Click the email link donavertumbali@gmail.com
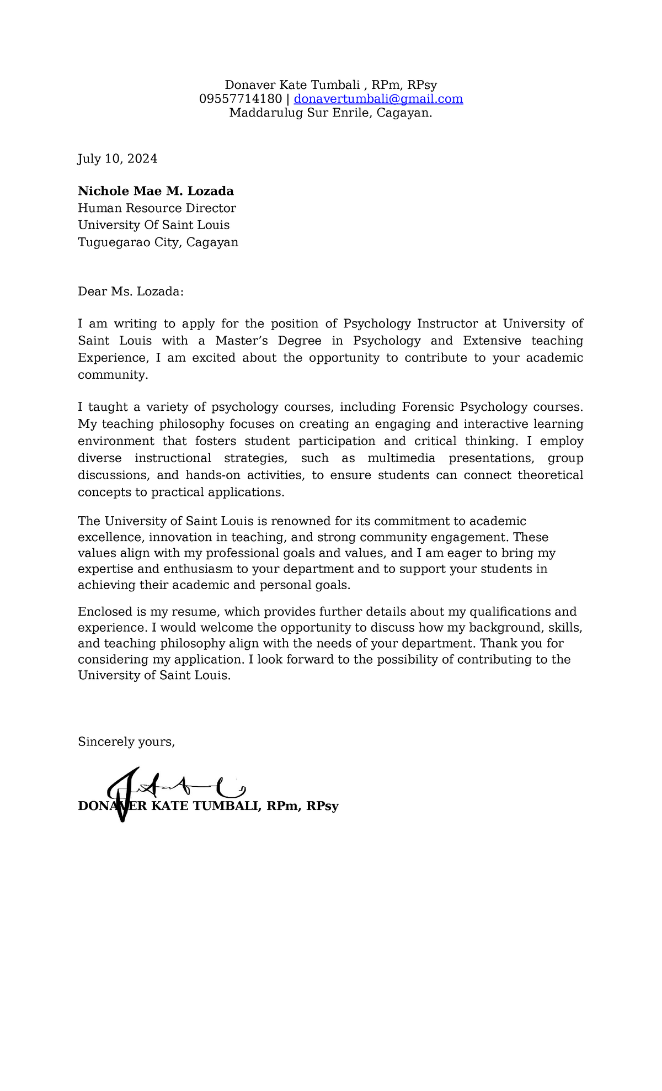click(378, 99)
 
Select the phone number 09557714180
click(241, 99)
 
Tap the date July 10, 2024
click(118, 159)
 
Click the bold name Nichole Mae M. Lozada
click(156, 191)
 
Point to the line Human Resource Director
click(157, 208)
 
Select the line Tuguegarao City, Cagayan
click(158, 242)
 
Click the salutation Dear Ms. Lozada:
click(130, 292)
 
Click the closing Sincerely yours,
click(126, 742)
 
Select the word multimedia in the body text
click(401, 458)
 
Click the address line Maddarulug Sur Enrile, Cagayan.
click(330, 113)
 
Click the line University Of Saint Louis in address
click(153, 225)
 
